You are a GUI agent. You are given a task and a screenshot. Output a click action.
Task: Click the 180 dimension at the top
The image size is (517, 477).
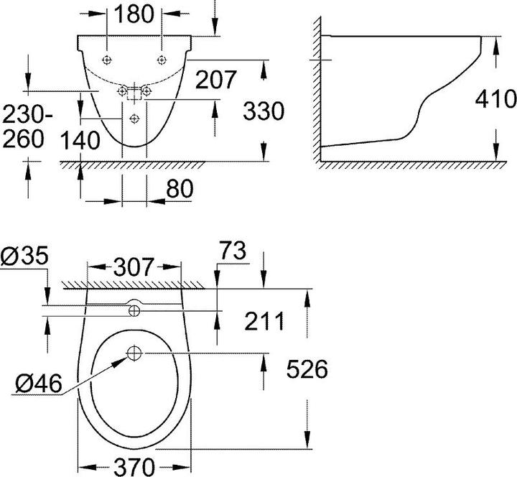click(134, 14)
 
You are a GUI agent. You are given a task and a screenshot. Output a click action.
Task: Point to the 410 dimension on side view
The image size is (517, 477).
click(495, 98)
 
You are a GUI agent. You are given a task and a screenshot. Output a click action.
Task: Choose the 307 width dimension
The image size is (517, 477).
click(134, 267)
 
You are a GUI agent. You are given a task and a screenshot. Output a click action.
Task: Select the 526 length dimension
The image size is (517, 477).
click(307, 369)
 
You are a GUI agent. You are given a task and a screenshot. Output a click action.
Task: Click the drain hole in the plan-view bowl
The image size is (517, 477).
click(134, 353)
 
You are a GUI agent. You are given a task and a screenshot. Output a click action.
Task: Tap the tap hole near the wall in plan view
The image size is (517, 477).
click(134, 310)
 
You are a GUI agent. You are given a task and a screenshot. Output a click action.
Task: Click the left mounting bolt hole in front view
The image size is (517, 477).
click(107, 59)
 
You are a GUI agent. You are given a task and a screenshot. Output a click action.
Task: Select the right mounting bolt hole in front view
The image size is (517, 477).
click(162, 59)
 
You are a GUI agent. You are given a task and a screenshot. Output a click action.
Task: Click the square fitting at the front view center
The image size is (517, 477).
click(134, 91)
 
